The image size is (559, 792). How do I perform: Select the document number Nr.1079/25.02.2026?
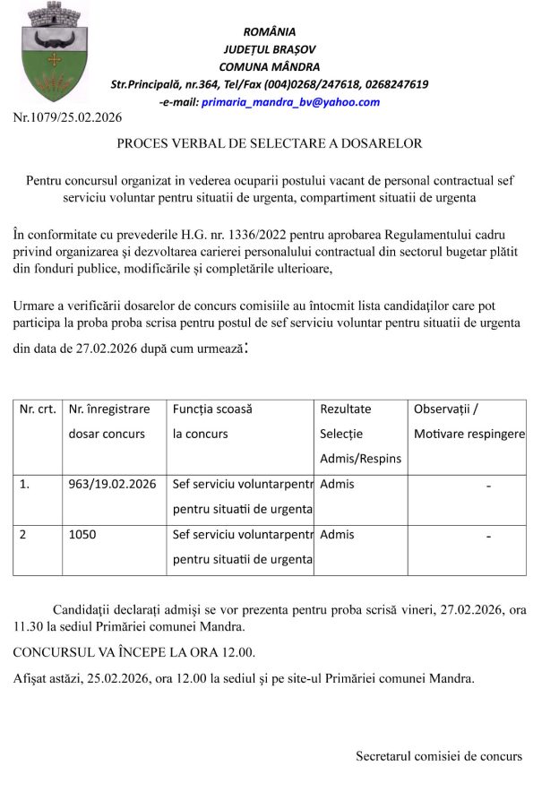pyautogui.click(x=68, y=117)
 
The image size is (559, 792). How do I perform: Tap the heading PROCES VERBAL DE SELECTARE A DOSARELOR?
pyautogui.click(x=269, y=143)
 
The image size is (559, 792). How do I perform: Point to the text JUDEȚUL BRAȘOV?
pyautogui.click(x=269, y=49)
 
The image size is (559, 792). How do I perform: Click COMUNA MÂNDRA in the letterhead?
pyautogui.click(x=269, y=66)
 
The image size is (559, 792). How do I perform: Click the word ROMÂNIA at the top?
pyautogui.click(x=269, y=32)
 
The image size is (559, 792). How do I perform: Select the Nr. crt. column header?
pyautogui.click(x=38, y=409)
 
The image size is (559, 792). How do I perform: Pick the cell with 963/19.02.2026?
pyautogui.click(x=112, y=485)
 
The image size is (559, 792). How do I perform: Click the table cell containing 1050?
pyautogui.click(x=82, y=535)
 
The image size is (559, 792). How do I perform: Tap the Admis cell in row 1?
pyautogui.click(x=337, y=485)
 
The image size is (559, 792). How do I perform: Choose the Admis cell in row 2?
pyautogui.click(x=337, y=535)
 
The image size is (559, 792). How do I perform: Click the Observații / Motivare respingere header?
pyautogui.click(x=469, y=421)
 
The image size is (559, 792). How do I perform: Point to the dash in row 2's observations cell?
pyautogui.click(x=488, y=536)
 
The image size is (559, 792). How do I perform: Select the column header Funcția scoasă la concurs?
pyautogui.click(x=212, y=421)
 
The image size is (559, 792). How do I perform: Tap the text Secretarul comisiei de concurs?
pyautogui.click(x=439, y=756)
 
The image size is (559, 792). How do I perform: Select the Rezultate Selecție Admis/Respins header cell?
pyautogui.click(x=360, y=434)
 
